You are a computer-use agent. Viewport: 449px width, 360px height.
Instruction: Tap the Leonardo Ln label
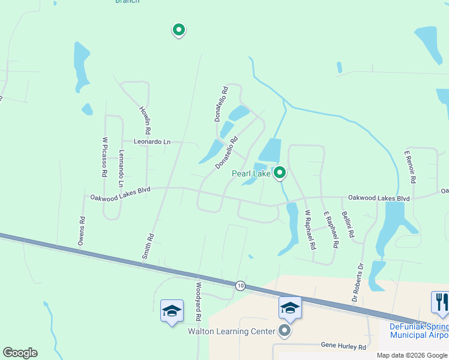152,142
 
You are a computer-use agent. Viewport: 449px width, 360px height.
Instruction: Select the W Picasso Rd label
104,157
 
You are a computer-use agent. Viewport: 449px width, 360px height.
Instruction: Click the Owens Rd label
81,230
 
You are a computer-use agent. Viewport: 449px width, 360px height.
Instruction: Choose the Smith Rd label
148,246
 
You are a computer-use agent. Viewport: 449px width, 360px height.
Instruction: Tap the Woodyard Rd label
197,301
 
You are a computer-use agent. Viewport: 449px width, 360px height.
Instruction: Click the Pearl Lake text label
252,174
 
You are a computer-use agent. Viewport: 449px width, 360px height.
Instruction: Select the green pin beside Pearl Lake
279,173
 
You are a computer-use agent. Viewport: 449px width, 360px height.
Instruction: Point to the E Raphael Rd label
331,230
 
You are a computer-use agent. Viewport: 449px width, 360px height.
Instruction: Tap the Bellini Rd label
348,226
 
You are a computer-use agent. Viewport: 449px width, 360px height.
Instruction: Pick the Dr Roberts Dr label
358,281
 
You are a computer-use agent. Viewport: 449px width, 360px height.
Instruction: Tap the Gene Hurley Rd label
343,347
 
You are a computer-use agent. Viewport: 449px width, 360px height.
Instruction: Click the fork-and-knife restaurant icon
440,302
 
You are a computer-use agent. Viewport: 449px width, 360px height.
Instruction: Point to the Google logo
20,353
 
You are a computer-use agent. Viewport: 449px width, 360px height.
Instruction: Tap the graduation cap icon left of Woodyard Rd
172,310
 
